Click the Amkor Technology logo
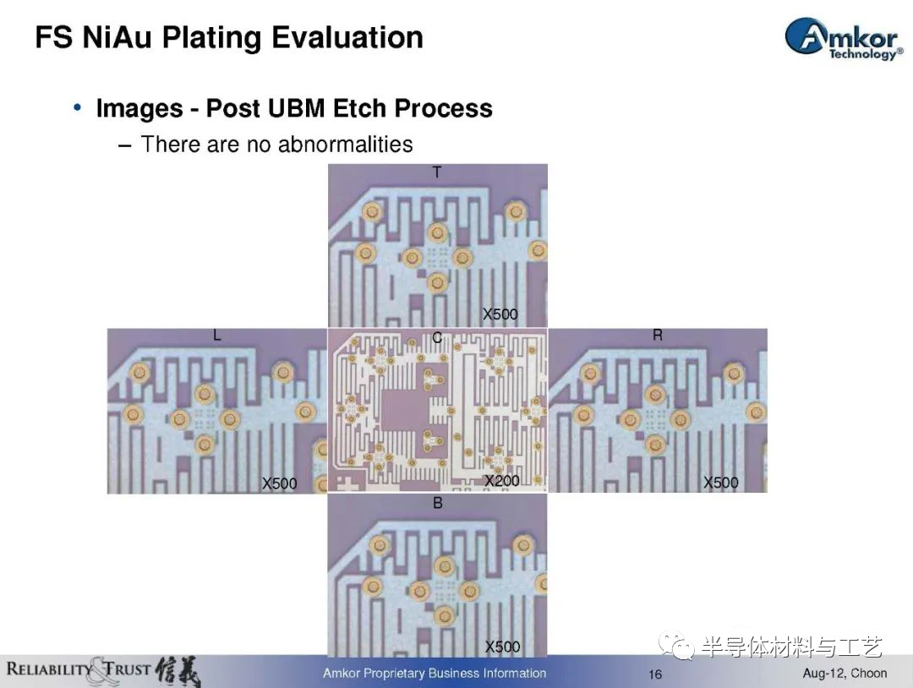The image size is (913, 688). coord(844,39)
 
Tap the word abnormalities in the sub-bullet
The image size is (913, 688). coord(346,144)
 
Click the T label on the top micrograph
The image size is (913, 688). coord(437,172)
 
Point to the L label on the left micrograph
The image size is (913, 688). coord(217,336)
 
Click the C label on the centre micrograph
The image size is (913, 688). coord(437,337)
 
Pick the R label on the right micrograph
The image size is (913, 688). coord(658,336)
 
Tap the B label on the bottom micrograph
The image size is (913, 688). coord(438,503)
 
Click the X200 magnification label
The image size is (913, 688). coord(502,481)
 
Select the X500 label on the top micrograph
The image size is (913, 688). coord(500,314)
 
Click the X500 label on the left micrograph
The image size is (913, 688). coord(280,483)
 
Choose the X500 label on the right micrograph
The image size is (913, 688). coord(721,482)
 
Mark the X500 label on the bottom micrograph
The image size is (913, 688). coord(502,647)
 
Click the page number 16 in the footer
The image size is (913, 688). coord(655,674)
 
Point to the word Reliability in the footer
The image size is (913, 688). coord(50,669)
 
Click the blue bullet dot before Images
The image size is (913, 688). coord(78,107)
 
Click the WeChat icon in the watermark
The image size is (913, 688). coord(676,645)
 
